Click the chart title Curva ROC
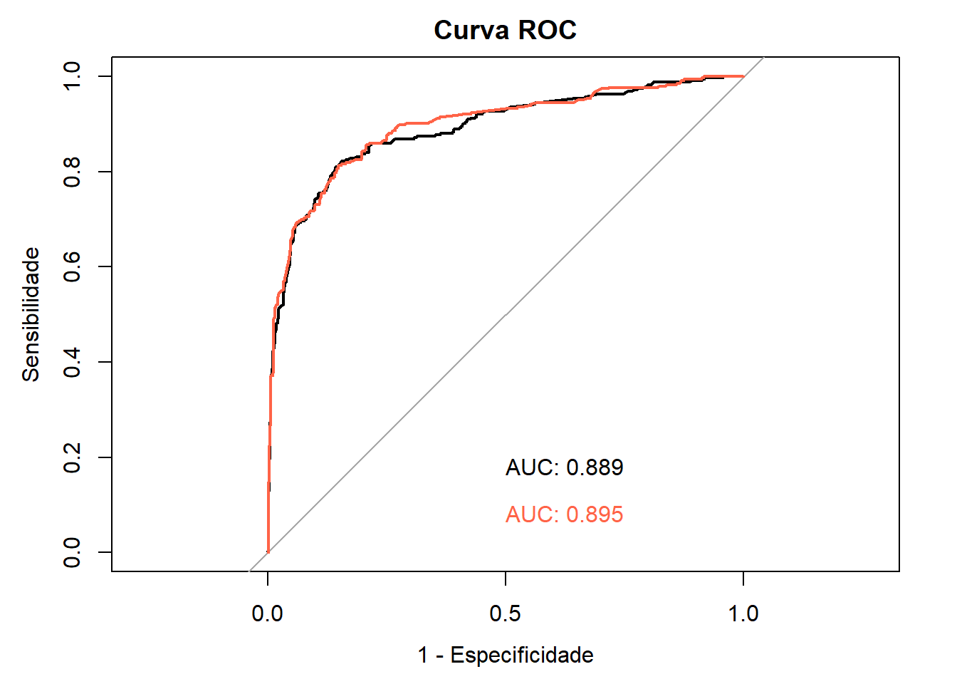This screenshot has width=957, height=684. (505, 30)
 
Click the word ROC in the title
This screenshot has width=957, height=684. (547, 30)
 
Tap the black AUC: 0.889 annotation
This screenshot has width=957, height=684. (564, 467)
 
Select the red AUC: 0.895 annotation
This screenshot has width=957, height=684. (564, 514)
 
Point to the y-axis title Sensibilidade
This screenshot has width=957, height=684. (31, 314)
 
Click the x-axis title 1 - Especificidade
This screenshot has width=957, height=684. (505, 655)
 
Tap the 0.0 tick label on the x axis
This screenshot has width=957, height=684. (268, 613)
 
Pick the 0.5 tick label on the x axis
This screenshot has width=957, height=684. (505, 613)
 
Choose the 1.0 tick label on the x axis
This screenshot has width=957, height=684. (743, 613)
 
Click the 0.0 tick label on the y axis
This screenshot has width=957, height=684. (73, 552)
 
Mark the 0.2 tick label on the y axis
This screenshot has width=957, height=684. (73, 457)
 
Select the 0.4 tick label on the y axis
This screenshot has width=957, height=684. (73, 362)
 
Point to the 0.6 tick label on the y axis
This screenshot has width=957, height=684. (73, 266)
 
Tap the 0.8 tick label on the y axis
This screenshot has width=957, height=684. (73, 172)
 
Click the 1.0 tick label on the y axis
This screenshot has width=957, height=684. (73, 76)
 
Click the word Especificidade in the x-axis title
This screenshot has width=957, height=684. (522, 655)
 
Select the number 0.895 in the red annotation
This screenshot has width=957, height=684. (595, 514)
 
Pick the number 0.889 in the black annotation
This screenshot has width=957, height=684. (595, 467)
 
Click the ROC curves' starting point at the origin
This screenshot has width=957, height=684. (268, 551)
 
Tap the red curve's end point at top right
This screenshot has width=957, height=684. (743, 76)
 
